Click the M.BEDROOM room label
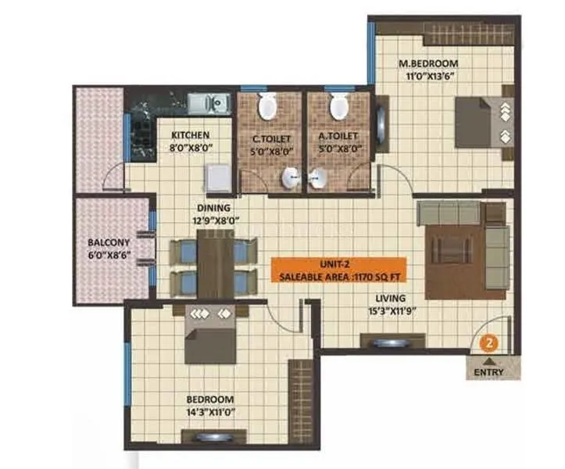427,63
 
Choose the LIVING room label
389,298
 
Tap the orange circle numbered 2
488,342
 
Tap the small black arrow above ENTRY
489,361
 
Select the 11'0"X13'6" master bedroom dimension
427,76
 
